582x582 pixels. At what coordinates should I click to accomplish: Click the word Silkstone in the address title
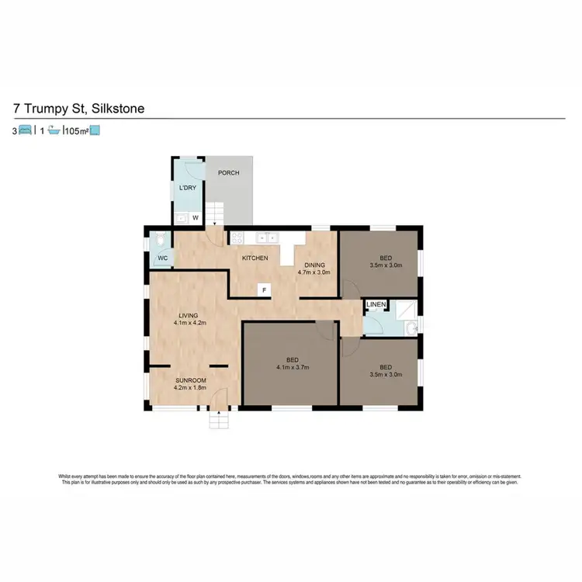(117, 109)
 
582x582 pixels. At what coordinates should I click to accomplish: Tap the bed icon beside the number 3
(25, 131)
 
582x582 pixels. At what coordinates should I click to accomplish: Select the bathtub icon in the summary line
(54, 131)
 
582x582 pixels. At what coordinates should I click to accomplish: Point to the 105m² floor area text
(77, 131)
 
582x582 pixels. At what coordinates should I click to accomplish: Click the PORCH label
(228, 173)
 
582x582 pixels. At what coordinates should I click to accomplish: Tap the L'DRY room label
(187, 189)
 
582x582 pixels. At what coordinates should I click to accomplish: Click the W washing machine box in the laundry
(196, 218)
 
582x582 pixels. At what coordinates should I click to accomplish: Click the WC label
(163, 258)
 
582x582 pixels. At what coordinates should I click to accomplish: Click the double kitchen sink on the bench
(268, 237)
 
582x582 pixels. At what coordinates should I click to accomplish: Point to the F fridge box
(265, 290)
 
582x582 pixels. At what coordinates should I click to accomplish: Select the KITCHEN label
(255, 258)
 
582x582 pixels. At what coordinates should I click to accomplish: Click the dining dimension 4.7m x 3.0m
(314, 272)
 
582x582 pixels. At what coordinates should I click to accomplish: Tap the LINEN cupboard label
(376, 305)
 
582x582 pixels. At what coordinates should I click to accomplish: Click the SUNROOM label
(189, 379)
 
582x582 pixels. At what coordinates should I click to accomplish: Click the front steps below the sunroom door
(220, 421)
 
